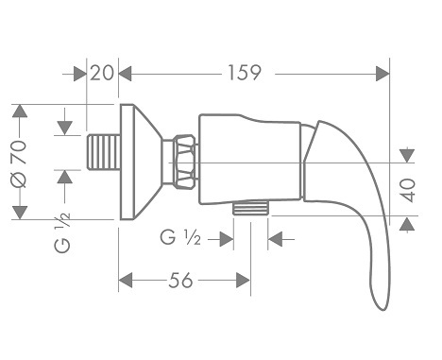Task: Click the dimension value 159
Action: point(245,73)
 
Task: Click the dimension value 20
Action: point(101,73)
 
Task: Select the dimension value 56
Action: point(180,280)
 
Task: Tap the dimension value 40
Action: point(408,190)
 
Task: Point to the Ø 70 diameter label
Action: point(19,163)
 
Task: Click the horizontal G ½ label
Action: point(180,237)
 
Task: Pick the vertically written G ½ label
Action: point(62,232)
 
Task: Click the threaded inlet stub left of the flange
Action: point(104,152)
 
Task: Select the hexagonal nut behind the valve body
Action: point(185,162)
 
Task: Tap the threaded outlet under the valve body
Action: point(251,208)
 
